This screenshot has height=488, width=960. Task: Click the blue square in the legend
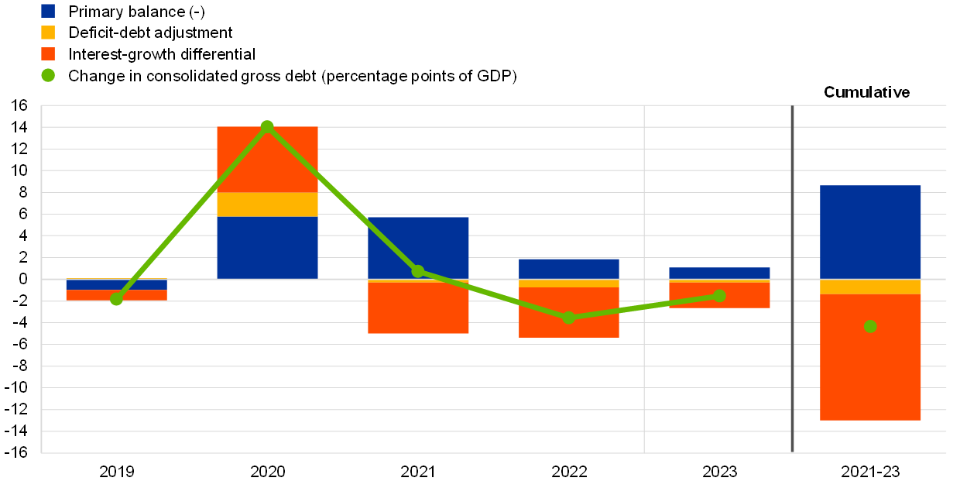coord(48,11)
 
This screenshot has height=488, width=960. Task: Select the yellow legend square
coord(48,33)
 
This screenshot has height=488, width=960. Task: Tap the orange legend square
coord(48,53)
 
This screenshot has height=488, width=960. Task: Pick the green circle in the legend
coord(48,75)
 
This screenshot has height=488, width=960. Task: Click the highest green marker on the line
coord(267,126)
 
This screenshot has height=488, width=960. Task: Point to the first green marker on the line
coord(116,299)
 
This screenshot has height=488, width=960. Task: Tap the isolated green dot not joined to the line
coord(870,326)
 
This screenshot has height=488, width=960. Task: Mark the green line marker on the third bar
coord(418,271)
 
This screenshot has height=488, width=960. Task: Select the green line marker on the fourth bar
coord(569,318)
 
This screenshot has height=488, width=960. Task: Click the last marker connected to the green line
coord(719,295)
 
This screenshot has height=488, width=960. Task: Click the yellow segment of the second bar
coord(267,204)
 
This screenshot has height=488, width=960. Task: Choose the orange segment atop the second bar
coord(267,159)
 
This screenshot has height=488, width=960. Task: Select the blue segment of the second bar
coord(267,247)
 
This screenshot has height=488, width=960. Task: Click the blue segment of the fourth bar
coord(569,268)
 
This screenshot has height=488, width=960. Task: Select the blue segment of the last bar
coord(870,232)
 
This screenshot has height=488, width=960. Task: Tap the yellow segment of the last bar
coord(870,287)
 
